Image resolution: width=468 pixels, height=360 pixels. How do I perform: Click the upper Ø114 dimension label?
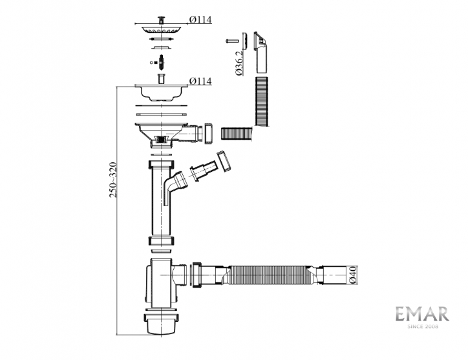click(x=200, y=19)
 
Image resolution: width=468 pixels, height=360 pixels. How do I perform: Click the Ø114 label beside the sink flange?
click(x=200, y=81)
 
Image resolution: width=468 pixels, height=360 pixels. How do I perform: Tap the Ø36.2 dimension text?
click(x=239, y=63)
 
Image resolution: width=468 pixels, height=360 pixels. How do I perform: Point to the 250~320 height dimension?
click(x=113, y=180)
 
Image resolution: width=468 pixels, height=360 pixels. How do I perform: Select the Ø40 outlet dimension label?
click(x=352, y=275)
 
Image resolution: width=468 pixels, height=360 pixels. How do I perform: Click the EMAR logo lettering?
click(x=422, y=314)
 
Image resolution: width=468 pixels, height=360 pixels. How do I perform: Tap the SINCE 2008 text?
click(x=423, y=326)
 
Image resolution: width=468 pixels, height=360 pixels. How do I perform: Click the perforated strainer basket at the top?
click(x=162, y=30)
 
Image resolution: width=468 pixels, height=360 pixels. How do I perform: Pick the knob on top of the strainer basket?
click(x=161, y=19)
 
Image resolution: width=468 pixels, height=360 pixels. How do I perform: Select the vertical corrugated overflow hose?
click(x=262, y=101)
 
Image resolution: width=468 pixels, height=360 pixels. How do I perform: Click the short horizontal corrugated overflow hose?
click(x=237, y=133)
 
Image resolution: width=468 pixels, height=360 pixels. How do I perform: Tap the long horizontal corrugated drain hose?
click(x=270, y=275)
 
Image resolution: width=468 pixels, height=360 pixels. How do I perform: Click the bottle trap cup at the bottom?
click(x=162, y=324)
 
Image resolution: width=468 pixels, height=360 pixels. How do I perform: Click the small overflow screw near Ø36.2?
click(x=231, y=41)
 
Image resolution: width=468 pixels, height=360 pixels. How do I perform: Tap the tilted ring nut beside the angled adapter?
click(x=224, y=162)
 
